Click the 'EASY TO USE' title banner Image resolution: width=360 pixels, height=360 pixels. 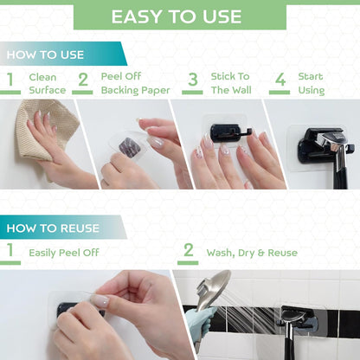(x=180, y=16)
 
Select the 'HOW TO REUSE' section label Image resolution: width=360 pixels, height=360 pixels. (x=53, y=228)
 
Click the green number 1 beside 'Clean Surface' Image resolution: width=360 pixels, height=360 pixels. (x=11, y=83)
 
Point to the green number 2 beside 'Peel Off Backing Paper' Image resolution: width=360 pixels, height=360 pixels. (x=83, y=83)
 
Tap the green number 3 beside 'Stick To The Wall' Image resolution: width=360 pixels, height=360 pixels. (x=193, y=83)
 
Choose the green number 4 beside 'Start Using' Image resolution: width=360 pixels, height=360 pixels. (x=280, y=83)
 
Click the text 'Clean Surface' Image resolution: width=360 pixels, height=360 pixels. (x=47, y=83)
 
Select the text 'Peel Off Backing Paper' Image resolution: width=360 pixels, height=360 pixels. (x=135, y=83)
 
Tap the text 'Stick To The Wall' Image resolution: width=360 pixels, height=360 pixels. (x=230, y=83)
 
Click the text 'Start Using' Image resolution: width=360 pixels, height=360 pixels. (x=312, y=83)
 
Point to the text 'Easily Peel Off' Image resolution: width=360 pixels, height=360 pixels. (x=64, y=253)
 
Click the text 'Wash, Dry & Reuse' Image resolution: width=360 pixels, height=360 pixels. (x=251, y=253)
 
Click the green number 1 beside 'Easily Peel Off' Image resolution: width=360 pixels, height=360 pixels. (x=11, y=253)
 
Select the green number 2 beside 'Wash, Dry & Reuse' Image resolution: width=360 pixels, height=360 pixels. (x=189, y=253)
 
